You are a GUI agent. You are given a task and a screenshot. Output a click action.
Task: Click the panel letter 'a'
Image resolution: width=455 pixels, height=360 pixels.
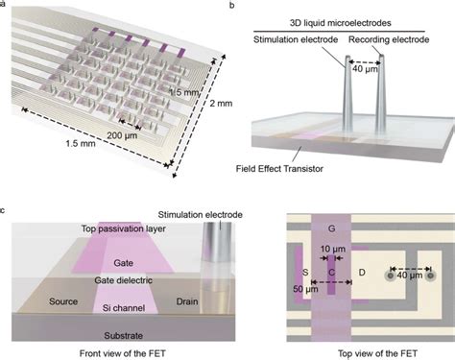(x=5, y=5)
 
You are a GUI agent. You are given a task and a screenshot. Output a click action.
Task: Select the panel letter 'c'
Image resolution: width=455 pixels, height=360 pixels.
(x=5, y=208)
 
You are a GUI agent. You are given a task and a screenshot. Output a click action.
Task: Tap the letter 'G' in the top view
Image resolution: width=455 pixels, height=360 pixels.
(x=332, y=228)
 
